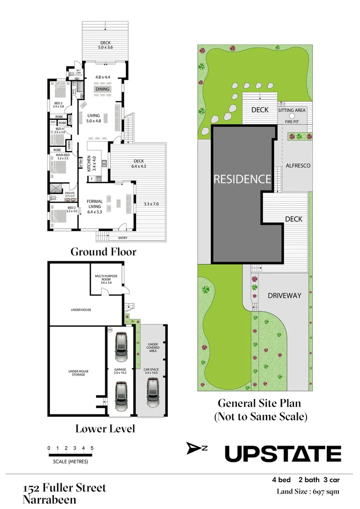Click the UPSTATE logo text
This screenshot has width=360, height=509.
click(x=283, y=453)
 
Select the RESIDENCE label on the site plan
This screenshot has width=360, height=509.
click(x=242, y=179)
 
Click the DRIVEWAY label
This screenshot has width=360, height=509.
click(x=285, y=295)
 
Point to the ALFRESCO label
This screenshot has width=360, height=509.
click(x=298, y=165)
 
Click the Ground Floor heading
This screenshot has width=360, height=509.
click(x=103, y=252)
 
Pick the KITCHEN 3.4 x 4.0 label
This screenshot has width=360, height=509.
click(x=91, y=164)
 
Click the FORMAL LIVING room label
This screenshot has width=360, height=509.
click(x=94, y=206)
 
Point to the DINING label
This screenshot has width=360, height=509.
click(x=102, y=89)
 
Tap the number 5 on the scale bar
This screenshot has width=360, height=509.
click(x=92, y=448)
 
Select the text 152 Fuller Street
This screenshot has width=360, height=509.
click(x=64, y=488)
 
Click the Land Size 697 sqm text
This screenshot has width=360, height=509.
click(x=308, y=491)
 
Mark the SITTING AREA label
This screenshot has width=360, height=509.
click(x=292, y=110)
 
